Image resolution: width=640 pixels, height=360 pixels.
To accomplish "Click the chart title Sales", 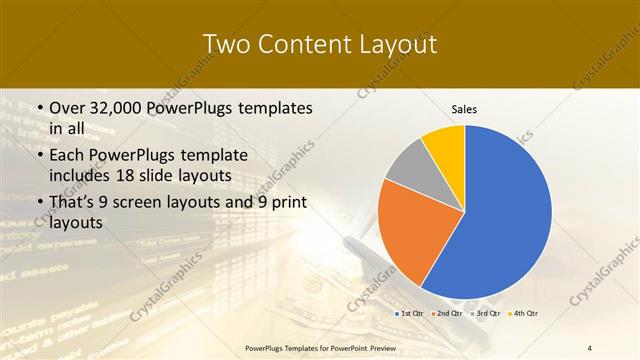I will tap(465, 109).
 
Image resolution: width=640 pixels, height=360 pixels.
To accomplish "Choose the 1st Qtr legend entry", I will tap(411, 314).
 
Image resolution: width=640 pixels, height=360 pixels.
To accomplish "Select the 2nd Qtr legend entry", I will tap(448, 314).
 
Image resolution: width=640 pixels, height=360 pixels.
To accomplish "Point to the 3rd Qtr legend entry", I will tap(487, 314).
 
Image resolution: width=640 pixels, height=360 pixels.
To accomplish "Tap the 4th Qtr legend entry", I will tap(525, 314).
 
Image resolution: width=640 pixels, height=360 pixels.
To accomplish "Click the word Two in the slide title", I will tap(227, 44).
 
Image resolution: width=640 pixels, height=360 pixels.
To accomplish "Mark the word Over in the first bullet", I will tap(67, 107).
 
